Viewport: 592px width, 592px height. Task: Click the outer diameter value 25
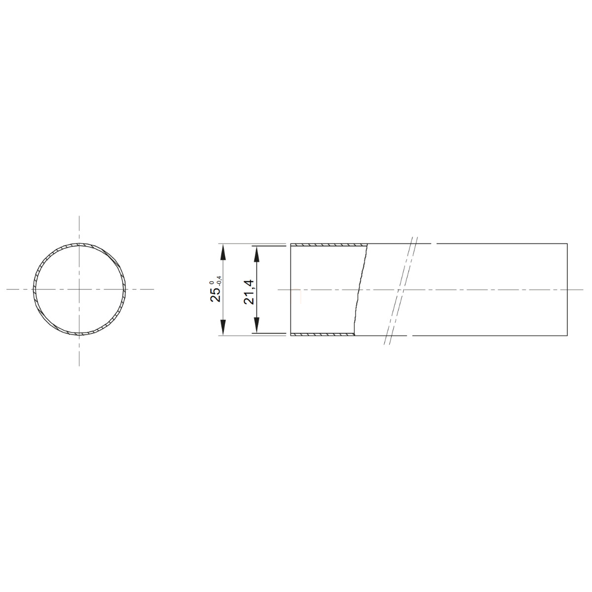[216, 295]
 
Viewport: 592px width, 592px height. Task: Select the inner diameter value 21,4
[249, 292]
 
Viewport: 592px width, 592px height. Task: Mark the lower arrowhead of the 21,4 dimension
[257, 325]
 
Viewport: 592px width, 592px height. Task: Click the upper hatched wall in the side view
[329, 245]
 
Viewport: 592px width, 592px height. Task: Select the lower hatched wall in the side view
[323, 334]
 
